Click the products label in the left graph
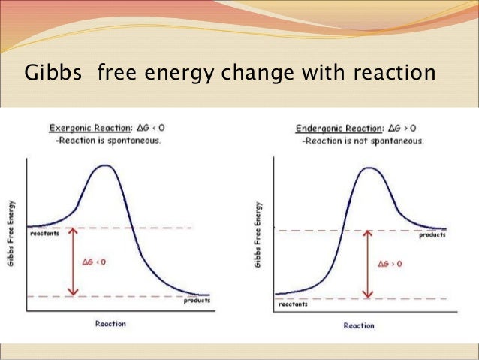click(197, 301)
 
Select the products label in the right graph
click(432, 235)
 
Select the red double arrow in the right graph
click(366, 264)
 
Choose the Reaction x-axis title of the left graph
click(110, 324)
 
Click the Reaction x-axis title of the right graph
click(359, 325)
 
